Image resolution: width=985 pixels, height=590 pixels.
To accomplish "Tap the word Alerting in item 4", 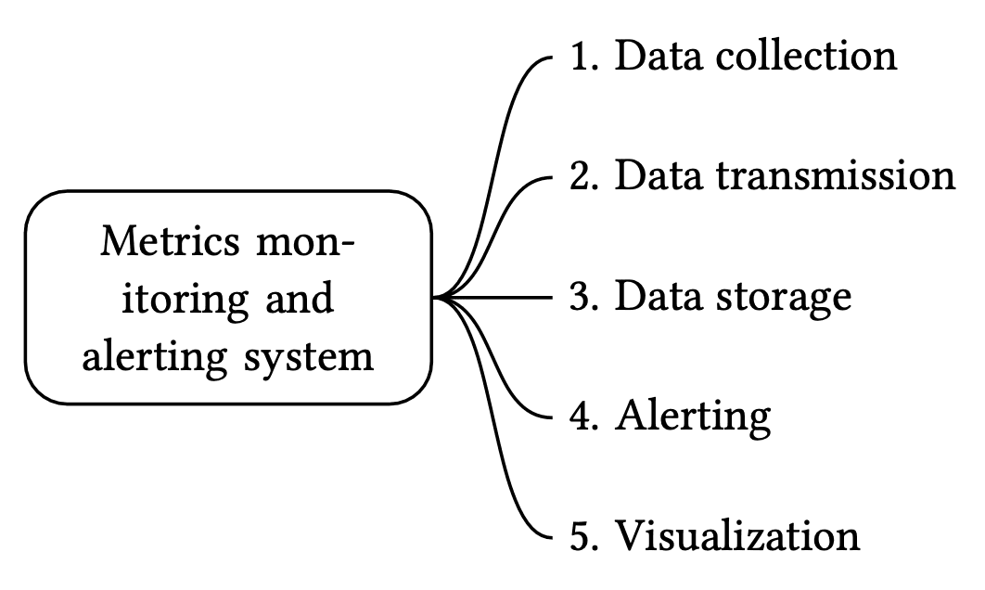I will (693, 417).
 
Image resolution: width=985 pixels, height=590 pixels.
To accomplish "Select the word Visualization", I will (737, 536).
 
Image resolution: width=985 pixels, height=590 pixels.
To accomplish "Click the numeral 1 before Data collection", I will (582, 57).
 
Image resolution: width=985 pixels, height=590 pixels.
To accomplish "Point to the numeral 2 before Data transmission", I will (582, 175).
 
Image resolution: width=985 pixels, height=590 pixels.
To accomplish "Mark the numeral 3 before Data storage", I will (582, 297).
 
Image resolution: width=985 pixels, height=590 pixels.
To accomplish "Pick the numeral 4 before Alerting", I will (582, 417).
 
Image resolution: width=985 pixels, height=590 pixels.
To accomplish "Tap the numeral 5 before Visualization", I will (582, 536).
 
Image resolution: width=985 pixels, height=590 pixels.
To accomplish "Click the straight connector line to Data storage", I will (505, 298).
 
